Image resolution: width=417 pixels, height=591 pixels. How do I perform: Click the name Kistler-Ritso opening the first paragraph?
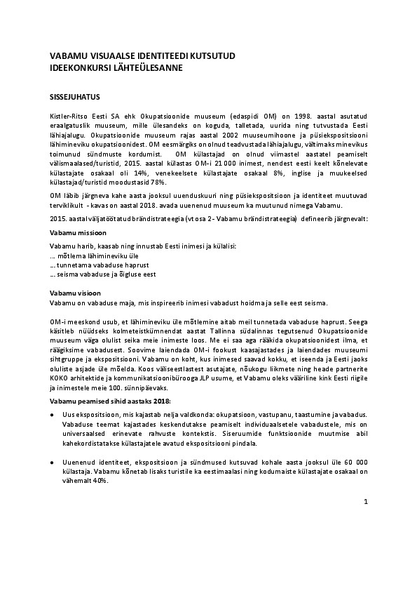click(x=68, y=114)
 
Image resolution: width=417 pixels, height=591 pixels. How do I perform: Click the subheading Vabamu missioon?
click(x=78, y=232)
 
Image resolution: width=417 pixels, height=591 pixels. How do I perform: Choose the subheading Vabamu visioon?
click(x=76, y=292)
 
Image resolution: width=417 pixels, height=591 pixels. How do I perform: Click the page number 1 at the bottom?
click(x=366, y=502)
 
